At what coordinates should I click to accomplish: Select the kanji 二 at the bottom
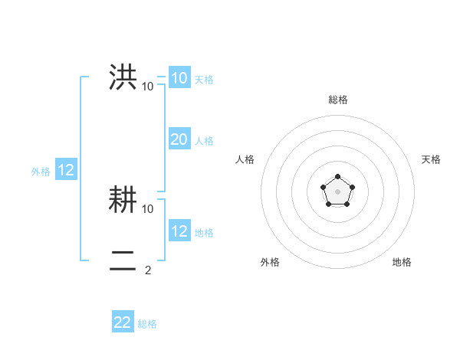pos(123,261)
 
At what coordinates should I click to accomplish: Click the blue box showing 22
pos(123,322)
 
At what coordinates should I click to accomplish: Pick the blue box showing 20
pos(179,139)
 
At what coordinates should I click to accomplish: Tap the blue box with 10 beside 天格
pos(179,78)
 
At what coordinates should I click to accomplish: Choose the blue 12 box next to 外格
pos(66,171)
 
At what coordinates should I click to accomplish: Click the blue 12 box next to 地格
pos(179,231)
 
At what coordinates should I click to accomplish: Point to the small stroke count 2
pos(148,270)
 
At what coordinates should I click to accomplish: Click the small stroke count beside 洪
pos(148,87)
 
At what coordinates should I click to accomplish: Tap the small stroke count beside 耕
pos(148,208)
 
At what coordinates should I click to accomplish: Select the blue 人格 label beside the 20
pos(204,141)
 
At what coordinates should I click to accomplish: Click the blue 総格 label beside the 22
pos(147,324)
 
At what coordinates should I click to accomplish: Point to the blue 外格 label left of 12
pos(41,172)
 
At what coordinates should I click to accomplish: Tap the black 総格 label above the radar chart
pos(337,100)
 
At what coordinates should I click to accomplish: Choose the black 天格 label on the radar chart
pos(431,159)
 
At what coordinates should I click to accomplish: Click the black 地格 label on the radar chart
pos(402,262)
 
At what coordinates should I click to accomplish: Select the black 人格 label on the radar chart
pos(245,159)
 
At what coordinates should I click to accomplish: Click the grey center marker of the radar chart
pos(337,191)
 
